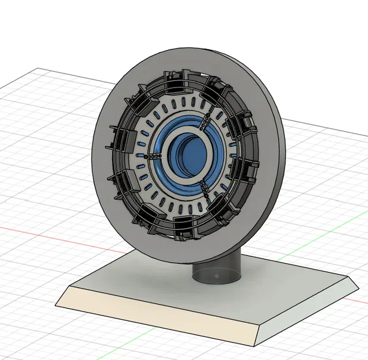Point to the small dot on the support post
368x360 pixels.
pyautogui.click(x=215, y=276)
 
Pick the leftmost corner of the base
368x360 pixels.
pyautogui.click(x=56, y=304)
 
